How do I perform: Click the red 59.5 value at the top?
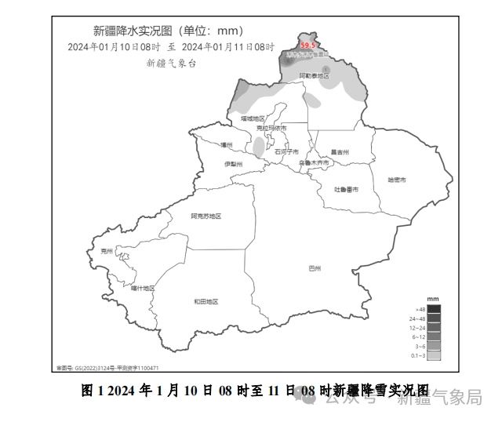point(309,45)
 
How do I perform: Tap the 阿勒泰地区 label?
point(314,76)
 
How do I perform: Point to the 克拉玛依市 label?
point(272,127)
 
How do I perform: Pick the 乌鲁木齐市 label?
point(315,162)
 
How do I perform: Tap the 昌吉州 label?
point(339,152)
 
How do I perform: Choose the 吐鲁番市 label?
point(346,189)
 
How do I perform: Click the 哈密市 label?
point(397,180)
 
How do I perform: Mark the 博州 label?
point(227,145)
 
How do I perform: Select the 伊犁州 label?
point(233,164)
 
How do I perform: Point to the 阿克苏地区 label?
point(206,216)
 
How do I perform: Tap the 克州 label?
point(107,252)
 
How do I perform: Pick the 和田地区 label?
point(206,302)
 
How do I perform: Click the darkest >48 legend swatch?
point(433,309)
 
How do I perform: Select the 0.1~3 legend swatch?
point(433,355)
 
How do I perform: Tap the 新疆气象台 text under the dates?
point(171,63)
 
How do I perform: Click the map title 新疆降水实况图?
point(135,31)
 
